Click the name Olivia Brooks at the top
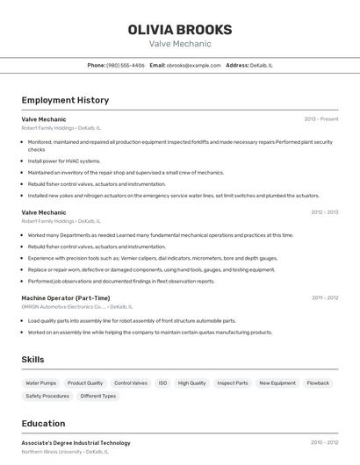pyautogui.click(x=180, y=29)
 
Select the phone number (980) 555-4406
pyautogui.click(x=126, y=65)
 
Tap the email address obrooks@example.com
pyautogui.click(x=194, y=65)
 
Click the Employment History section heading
pyautogui.click(x=65, y=100)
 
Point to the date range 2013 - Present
pyautogui.click(x=321, y=118)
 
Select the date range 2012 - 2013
pyautogui.click(x=325, y=212)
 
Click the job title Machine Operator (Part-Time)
pyautogui.click(x=66, y=298)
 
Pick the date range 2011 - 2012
pyautogui.click(x=325, y=298)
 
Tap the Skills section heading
pyautogui.click(x=33, y=360)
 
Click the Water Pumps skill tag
pyautogui.click(x=41, y=383)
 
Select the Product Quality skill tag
pyautogui.click(x=85, y=383)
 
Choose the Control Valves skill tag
pyautogui.click(x=131, y=383)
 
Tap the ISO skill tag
pyautogui.click(x=162, y=383)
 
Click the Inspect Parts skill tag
pyautogui.click(x=233, y=383)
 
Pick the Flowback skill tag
pyautogui.click(x=318, y=383)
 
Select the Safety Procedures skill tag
pyautogui.click(x=47, y=397)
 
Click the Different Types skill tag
pyautogui.click(x=98, y=397)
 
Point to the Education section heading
pyautogui.click(x=43, y=423)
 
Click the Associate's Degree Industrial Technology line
pyautogui.click(x=76, y=443)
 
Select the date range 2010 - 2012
pyautogui.click(x=324, y=443)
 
